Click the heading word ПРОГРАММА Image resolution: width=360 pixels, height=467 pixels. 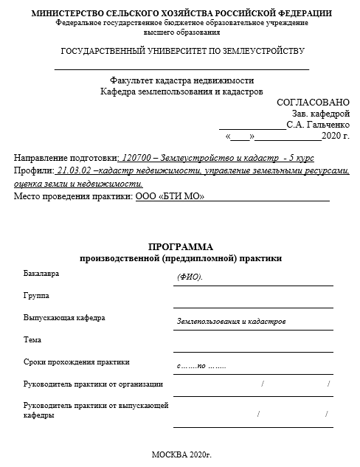(180, 247)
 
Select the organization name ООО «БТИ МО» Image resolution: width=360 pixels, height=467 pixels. (170, 196)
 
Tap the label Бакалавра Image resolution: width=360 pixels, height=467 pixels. (41, 274)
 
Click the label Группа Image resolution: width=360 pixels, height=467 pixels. (36, 296)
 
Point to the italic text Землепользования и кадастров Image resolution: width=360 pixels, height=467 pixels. (231, 322)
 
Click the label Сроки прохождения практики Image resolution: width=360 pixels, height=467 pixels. (76, 362)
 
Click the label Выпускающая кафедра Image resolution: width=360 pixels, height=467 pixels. (64, 318)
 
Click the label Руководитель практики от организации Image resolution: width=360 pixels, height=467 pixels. (93, 384)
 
